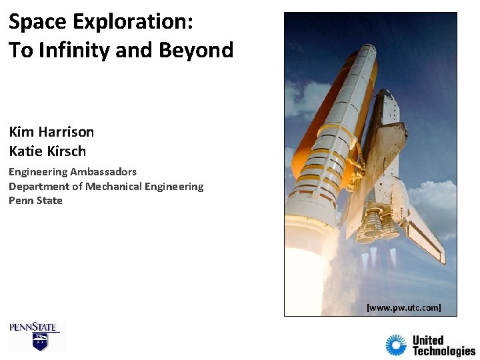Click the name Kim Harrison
51,132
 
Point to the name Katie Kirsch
47,151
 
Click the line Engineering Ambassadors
72,172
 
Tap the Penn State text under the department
35,201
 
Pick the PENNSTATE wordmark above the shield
34,327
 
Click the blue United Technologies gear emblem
395,345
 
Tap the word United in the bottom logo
428,340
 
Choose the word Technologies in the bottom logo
443,351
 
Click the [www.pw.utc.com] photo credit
403,308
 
